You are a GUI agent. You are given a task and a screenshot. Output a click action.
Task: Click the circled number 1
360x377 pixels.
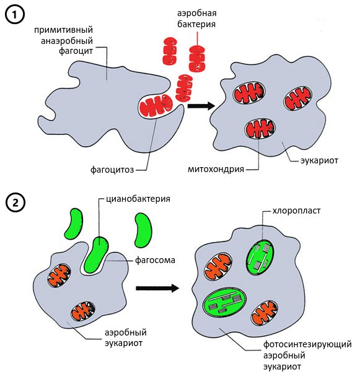[x=15, y=15]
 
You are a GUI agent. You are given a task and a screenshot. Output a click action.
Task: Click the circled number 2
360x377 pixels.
[x=15, y=204]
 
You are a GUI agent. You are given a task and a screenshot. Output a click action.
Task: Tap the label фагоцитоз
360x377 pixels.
[x=112, y=170]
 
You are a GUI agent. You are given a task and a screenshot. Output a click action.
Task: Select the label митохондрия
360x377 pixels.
[x=216, y=170]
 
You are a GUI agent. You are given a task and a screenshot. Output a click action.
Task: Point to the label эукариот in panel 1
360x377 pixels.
[x=319, y=160]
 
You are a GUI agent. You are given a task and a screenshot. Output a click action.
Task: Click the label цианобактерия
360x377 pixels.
[x=138, y=199]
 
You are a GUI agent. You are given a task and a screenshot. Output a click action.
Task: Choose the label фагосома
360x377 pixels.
[x=155, y=260]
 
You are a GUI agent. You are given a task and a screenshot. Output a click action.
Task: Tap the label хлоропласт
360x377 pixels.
[x=296, y=211]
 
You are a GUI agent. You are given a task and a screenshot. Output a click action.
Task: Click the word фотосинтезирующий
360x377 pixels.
[x=307, y=345]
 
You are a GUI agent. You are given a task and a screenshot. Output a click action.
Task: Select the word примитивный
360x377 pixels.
[x=64, y=30]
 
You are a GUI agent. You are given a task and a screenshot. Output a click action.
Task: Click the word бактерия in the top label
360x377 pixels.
[x=196, y=24]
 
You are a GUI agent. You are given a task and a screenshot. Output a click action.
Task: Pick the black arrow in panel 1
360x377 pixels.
[x=201, y=106]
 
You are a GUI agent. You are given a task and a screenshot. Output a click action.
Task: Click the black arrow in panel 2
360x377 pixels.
[x=157, y=288]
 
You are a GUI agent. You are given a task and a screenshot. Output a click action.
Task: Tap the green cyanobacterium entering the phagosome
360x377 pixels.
[x=97, y=255]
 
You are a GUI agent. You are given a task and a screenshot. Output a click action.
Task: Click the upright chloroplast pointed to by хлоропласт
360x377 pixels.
[x=260, y=258]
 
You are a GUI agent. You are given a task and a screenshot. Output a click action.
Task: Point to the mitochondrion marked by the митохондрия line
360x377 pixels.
[x=260, y=129]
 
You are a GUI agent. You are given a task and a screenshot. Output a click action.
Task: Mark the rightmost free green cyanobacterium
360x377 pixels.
[x=143, y=230]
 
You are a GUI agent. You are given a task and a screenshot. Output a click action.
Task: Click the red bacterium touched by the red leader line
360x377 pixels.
[x=197, y=59]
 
